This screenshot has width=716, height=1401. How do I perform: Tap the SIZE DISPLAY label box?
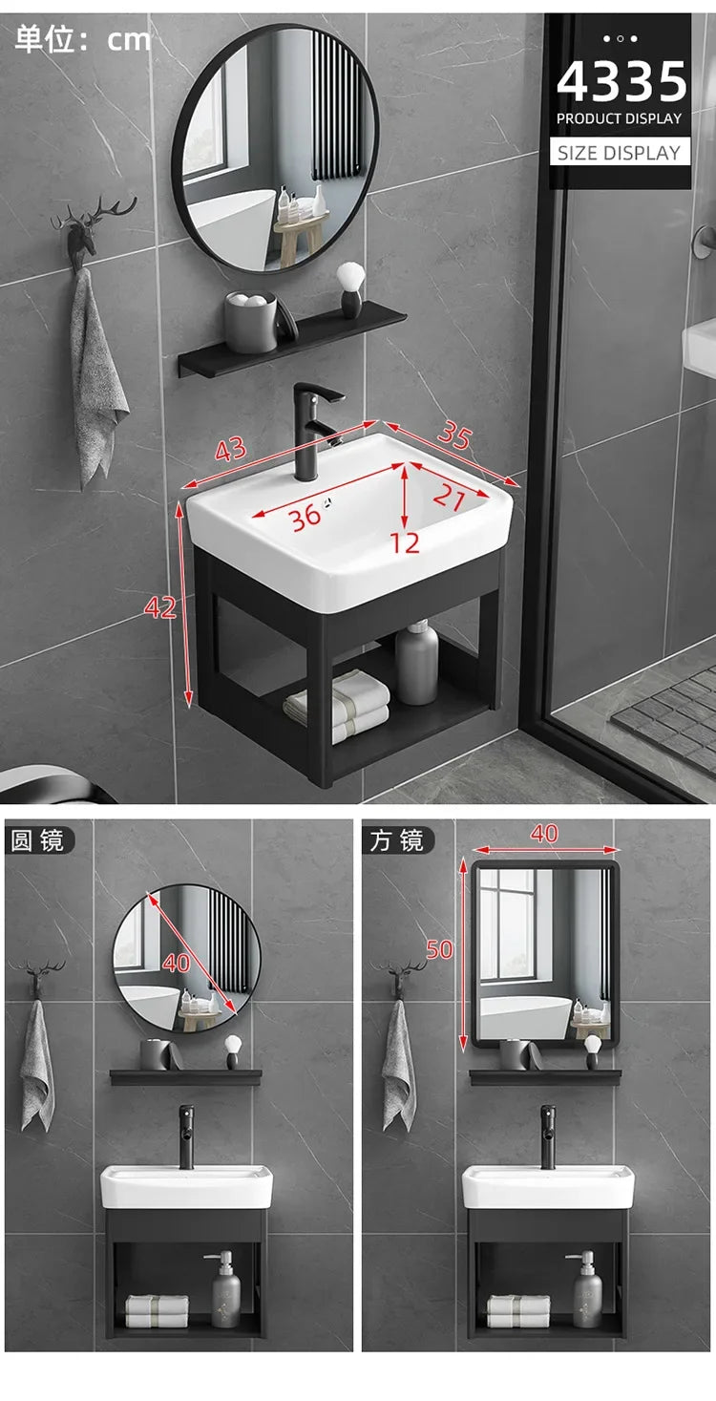click(x=620, y=152)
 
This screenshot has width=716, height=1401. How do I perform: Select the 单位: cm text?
click(x=83, y=39)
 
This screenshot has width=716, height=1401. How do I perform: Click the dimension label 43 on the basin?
click(x=230, y=450)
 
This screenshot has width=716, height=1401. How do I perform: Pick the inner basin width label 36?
click(x=305, y=518)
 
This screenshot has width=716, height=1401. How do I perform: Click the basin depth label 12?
click(x=405, y=542)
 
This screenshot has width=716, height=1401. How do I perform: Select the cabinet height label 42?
click(x=160, y=607)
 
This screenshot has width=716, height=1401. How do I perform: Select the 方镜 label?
click(x=397, y=840)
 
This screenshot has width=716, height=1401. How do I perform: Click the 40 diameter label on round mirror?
click(x=177, y=963)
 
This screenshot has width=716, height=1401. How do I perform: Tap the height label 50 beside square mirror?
click(x=440, y=949)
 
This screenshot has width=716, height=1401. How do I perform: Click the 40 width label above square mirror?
click(x=544, y=834)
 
